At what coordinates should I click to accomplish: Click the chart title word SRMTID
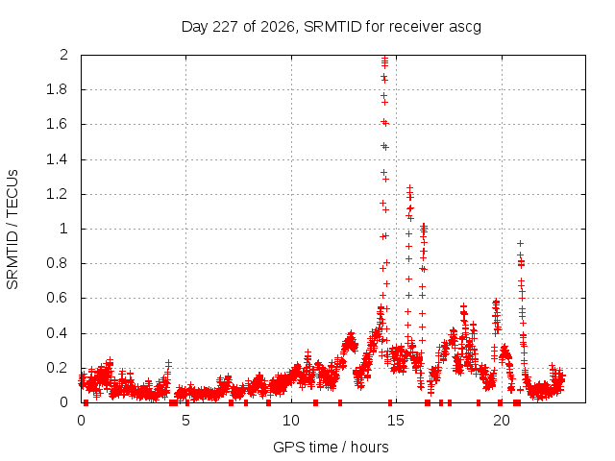coord(332,27)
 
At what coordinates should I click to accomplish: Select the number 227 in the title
coord(226,27)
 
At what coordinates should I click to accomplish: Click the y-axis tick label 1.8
coord(58,89)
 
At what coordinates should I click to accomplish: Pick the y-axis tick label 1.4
coord(58,159)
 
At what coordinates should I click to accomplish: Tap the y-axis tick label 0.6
coord(58,298)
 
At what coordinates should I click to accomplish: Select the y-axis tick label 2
coord(64,55)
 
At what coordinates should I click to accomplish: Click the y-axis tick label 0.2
coord(58,368)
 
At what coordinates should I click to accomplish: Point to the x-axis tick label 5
coord(185,421)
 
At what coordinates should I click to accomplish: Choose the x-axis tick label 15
coord(396,421)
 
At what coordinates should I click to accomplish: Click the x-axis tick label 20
coord(502,421)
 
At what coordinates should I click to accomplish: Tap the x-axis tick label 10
coord(291,421)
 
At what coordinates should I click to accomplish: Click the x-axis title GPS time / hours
coord(331,447)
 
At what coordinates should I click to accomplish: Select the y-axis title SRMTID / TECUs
coord(12,230)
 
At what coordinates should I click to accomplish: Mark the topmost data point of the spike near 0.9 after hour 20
coord(520,243)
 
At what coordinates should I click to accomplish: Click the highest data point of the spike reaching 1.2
coord(410,188)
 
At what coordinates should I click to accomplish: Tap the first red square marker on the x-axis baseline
coord(86,402)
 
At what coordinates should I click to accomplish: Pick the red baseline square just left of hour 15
coord(390,402)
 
